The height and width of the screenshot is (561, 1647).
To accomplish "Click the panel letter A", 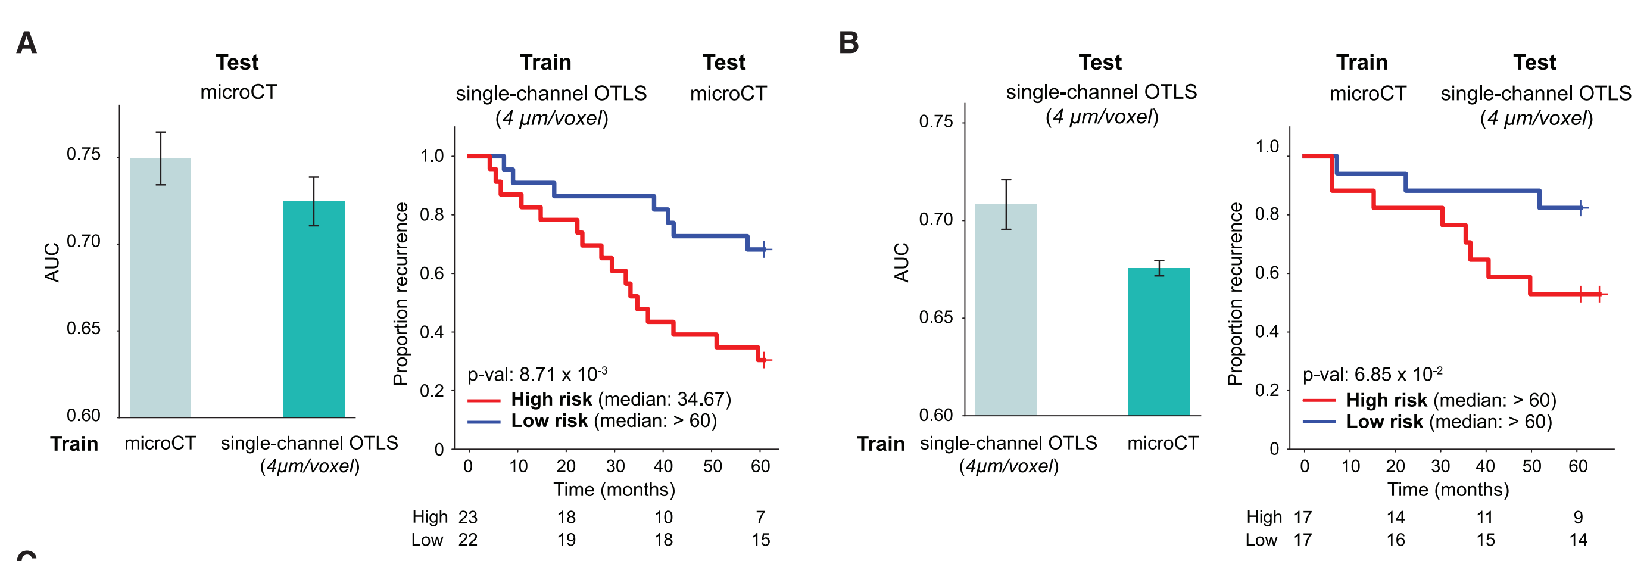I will point(26,43).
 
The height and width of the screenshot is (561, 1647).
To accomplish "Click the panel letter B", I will point(849,43).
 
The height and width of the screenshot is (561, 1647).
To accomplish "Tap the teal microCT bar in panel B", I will point(1158,342).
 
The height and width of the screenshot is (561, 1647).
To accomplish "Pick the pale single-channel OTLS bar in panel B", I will point(1006,310).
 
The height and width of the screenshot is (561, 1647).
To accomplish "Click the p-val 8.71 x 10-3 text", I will point(537,373).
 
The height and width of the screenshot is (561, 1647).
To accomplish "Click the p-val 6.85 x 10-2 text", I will point(1372,374).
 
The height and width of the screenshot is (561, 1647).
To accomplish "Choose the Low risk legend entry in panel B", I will point(1427,422).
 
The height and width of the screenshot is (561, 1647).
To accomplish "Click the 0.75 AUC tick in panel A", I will point(83,154).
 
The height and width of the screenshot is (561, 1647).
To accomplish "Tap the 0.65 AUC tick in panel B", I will point(935,317).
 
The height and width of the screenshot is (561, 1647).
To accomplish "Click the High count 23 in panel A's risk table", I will point(467,517).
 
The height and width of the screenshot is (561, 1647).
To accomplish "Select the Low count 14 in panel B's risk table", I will point(1578,540).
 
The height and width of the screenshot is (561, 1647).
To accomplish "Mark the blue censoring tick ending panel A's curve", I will point(764,250).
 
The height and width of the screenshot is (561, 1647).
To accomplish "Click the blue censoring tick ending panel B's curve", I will point(1580,208).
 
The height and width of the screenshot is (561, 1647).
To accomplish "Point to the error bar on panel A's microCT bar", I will point(161,158).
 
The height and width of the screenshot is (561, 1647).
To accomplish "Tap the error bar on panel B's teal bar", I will point(1159,268).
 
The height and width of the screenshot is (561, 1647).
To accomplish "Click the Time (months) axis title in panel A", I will point(614,490).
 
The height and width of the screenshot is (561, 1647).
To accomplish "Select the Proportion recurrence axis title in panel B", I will point(1234,294).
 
